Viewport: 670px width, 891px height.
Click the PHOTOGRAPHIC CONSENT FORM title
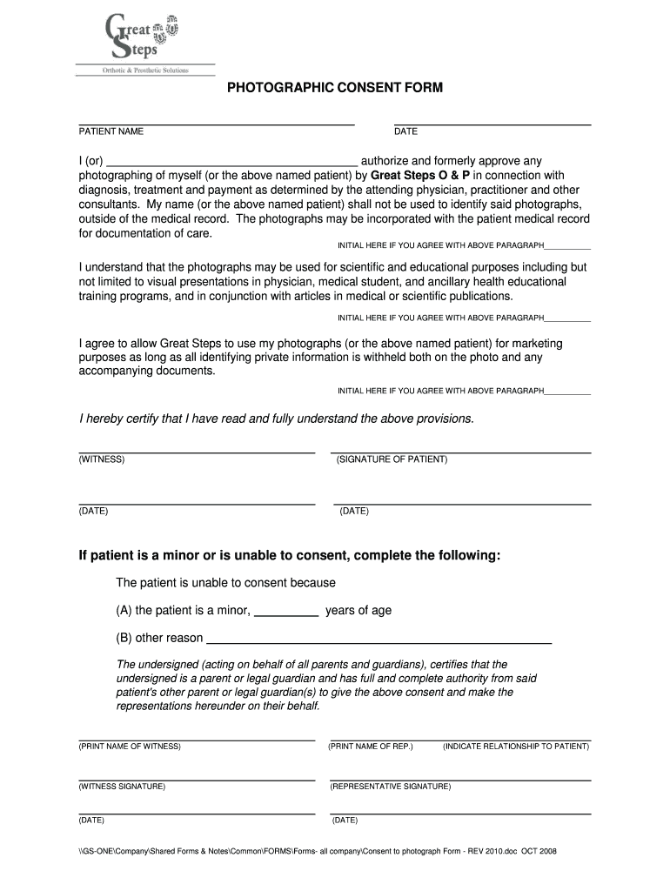335,89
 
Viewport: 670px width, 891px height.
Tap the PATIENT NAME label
111,131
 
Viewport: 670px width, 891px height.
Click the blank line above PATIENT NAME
217,124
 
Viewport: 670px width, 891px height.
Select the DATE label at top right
405,131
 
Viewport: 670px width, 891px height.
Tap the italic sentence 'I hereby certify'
277,419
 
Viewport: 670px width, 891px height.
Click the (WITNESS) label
102,459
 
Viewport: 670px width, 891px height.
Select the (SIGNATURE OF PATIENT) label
392,459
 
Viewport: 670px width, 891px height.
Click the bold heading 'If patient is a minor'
290,555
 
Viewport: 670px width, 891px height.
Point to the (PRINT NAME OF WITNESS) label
130,747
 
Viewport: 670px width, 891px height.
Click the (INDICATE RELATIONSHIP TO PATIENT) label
516,747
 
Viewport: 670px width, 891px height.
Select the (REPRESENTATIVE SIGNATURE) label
391,786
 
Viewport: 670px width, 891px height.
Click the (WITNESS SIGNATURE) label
122,786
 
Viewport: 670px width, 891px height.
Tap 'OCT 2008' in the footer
539,850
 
